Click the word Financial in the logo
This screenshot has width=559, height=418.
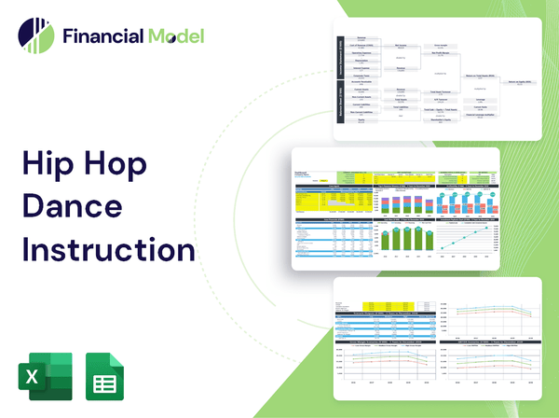point(102,36)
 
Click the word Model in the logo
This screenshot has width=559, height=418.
point(174,36)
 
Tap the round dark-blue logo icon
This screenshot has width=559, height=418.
point(36,35)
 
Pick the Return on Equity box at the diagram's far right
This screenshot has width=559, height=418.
point(521,84)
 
